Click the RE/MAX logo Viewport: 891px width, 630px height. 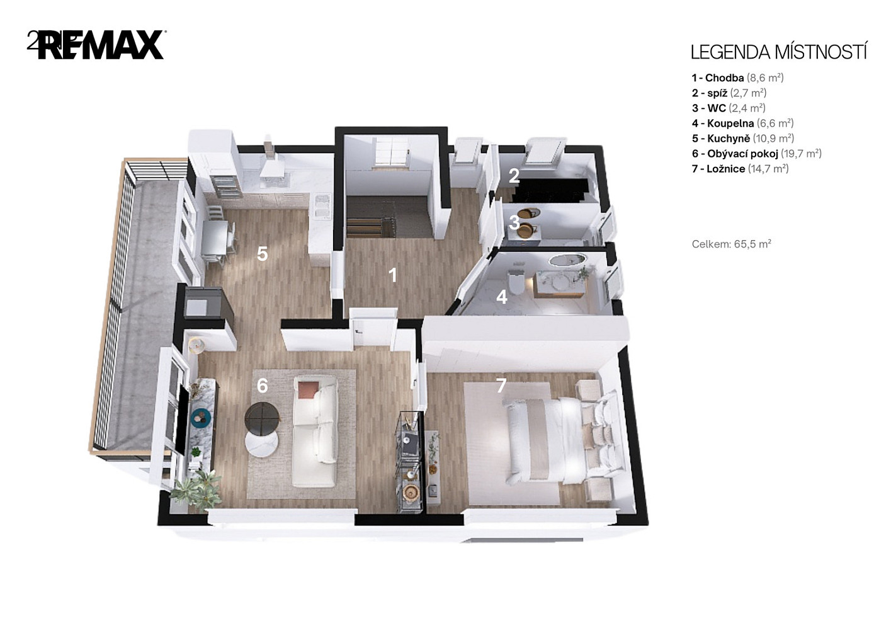96,45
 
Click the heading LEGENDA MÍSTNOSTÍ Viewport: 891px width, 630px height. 779,52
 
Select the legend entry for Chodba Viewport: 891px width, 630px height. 738,77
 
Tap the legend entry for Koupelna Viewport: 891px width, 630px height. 742,123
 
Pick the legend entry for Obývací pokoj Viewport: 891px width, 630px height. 756,154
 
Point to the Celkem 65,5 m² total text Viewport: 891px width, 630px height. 732,244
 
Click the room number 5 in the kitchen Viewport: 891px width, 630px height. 262,254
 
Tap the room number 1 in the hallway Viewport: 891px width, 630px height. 392,275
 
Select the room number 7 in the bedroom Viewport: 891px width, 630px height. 501,385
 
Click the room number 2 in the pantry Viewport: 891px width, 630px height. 514,176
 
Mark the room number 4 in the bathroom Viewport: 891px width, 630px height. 502,297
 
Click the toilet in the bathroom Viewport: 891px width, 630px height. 516,283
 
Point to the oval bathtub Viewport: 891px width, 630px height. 567,260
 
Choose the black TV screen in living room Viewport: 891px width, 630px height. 183,420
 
